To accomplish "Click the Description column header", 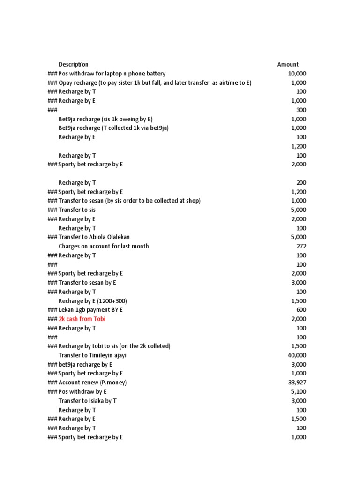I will tap(73, 64).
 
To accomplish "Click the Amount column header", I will tap(288, 64).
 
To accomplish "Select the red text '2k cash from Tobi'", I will tap(82, 319).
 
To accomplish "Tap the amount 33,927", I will tap(297, 382).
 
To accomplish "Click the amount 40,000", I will tap(297, 355).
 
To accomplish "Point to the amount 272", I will tap(301, 246).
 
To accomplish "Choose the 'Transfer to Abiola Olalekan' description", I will tap(94, 237).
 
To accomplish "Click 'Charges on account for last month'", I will tap(104, 246).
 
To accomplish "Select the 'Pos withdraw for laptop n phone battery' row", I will tap(112, 74).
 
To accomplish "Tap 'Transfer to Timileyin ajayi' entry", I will tap(92, 355).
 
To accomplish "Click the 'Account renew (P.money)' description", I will tap(92, 382).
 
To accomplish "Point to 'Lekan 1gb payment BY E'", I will tap(90, 310).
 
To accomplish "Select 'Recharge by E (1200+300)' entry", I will tap(93, 300).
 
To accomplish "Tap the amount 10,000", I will tap(297, 74).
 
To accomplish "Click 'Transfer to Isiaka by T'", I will tap(88, 401).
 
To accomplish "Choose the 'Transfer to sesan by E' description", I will tap(87, 283).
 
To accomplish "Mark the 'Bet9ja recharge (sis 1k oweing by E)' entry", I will tap(105, 119).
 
